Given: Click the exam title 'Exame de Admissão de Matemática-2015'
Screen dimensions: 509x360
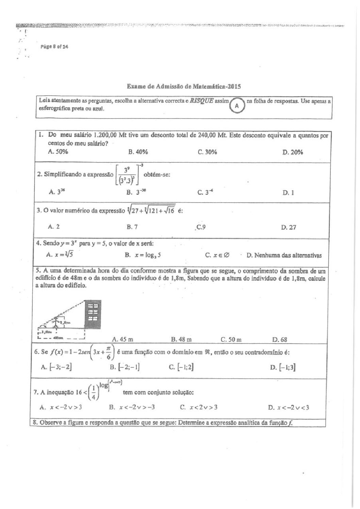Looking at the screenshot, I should pos(184,86).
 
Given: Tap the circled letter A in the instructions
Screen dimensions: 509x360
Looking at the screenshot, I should pos(237,106).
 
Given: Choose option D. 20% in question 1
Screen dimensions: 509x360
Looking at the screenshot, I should pos(293,152).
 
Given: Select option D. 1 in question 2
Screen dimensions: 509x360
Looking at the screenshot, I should pos(288,193).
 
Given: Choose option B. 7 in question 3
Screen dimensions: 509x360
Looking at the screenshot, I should pos(132,226).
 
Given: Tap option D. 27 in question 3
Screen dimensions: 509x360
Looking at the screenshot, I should pos(289,227).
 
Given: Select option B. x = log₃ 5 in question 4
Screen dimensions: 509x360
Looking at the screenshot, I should pos(143,255).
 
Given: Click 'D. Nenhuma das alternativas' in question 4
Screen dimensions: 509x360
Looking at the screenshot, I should pos(284,255).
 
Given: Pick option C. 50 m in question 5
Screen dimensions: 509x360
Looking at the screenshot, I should pos(231,339).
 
